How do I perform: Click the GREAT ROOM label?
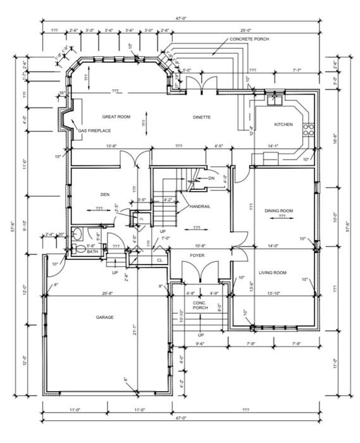click(x=116, y=117)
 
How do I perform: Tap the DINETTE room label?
click(x=202, y=117)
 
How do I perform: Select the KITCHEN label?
click(x=283, y=125)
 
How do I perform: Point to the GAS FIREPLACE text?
click(x=94, y=130)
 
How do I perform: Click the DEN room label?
click(x=105, y=194)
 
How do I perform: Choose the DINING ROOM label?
click(x=278, y=210)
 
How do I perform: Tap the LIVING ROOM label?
click(x=273, y=273)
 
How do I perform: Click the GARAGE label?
click(x=105, y=317)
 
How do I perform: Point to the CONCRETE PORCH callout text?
click(x=249, y=39)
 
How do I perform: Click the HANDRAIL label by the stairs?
click(x=200, y=206)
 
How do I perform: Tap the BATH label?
click(x=92, y=252)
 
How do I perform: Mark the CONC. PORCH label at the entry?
click(x=201, y=305)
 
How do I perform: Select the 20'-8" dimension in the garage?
click(x=108, y=293)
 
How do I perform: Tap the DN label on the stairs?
click(x=211, y=178)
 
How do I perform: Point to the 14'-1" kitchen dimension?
click(x=273, y=146)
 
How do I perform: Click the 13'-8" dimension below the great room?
click(x=111, y=146)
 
